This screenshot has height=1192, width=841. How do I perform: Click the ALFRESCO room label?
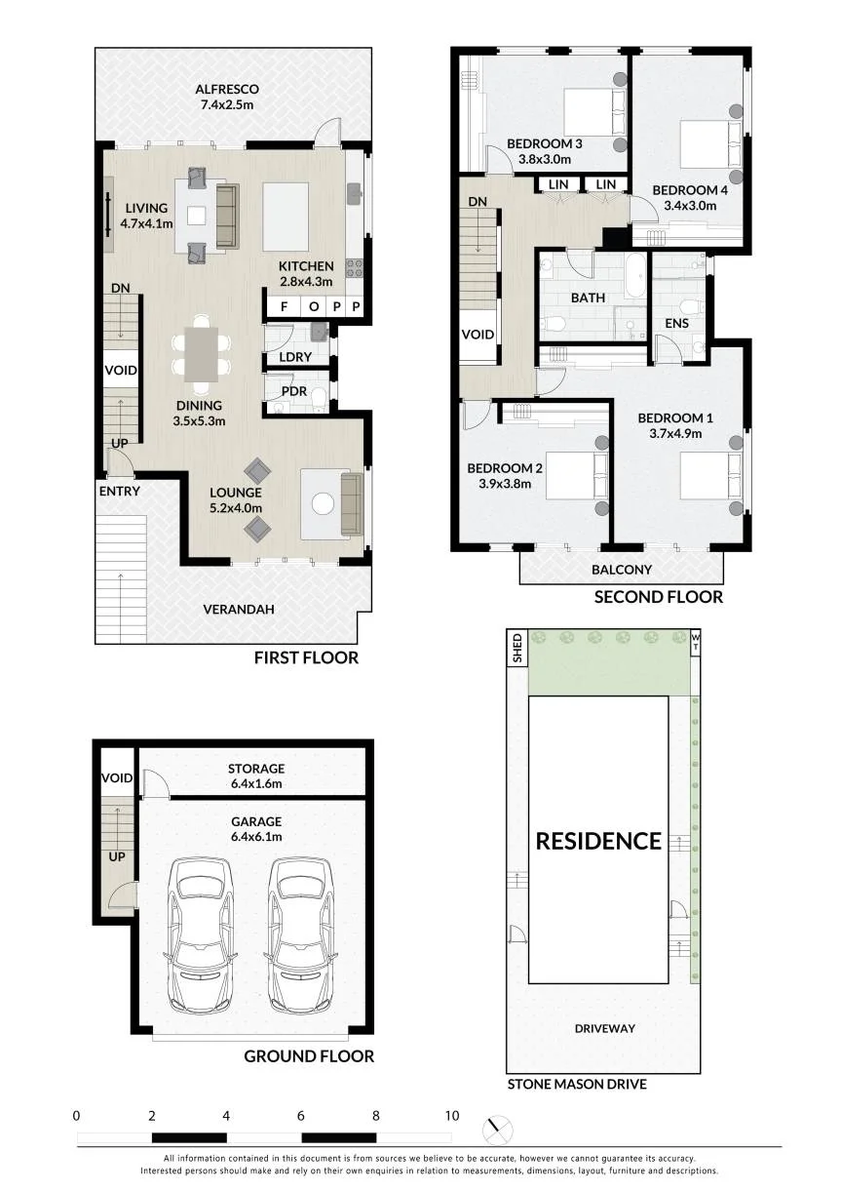coord(226,89)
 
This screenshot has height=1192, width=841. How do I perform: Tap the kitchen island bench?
coord(286,217)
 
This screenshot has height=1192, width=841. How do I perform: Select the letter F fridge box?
coord(284,306)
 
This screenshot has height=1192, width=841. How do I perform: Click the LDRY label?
coord(295,357)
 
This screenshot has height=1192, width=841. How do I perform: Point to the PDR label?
coord(294,391)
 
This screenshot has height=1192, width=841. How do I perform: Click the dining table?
coord(202,354)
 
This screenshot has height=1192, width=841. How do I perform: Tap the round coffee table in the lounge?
coord(323,503)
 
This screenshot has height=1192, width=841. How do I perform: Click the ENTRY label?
coord(120,492)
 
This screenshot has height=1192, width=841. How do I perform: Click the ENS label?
coord(676,323)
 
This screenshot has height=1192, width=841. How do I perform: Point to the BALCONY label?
coord(622,570)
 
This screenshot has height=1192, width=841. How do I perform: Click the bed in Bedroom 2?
coord(577,476)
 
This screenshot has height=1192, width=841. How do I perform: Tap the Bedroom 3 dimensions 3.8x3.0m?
coord(545,159)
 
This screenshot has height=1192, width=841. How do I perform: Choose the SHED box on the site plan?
coord(517,648)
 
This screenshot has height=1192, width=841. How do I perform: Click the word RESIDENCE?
coord(598,841)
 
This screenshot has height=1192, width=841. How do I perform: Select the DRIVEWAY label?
coord(605,1029)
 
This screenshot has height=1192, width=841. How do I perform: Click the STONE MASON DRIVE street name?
coord(577,1084)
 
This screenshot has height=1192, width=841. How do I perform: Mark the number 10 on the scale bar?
coord(452,1116)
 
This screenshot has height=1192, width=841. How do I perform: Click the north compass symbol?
coord(498,1130)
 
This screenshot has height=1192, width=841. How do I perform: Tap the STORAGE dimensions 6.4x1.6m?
coord(256,783)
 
